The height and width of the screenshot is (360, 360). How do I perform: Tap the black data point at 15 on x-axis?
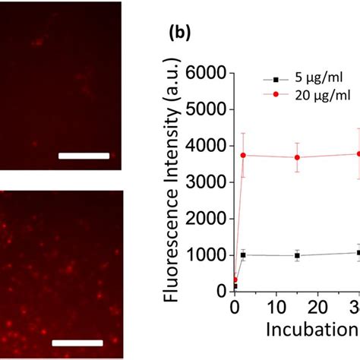click(297, 256)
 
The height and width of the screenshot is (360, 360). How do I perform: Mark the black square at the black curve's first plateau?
click(243, 255)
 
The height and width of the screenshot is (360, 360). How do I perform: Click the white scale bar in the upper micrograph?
click(84, 156)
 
